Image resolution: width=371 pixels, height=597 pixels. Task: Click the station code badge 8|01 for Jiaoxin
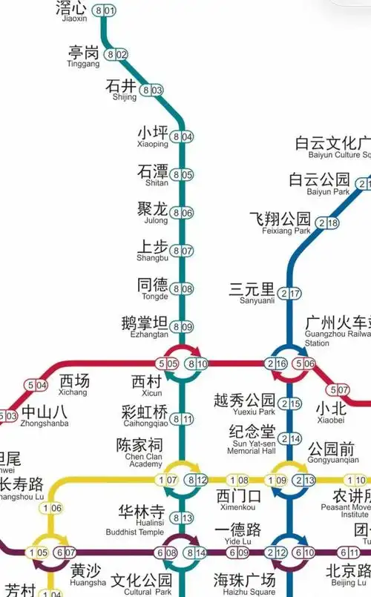click(x=104, y=10)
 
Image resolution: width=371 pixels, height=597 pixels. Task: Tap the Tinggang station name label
click(x=83, y=56)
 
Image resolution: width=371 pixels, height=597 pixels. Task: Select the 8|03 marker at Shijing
click(x=151, y=90)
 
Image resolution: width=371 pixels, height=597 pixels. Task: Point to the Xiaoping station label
click(x=153, y=136)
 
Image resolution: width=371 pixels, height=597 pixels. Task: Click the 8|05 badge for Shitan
click(x=182, y=175)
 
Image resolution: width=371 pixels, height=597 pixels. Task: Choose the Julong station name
click(x=153, y=212)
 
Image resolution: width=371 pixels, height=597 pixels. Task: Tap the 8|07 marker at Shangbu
click(x=182, y=251)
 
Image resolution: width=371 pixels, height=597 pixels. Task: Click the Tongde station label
click(x=153, y=288)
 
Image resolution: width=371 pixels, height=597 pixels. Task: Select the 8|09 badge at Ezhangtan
click(x=182, y=326)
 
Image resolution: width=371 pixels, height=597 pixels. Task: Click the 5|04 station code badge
click(x=36, y=385)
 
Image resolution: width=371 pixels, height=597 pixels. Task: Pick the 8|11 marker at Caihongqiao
click(x=182, y=419)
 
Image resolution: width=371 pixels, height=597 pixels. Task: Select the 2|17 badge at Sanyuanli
click(x=295, y=293)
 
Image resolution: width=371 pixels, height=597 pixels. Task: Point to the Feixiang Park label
click(x=280, y=222)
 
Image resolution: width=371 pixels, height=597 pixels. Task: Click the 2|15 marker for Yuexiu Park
click(x=295, y=403)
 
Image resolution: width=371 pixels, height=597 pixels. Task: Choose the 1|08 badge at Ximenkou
click(x=238, y=480)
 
